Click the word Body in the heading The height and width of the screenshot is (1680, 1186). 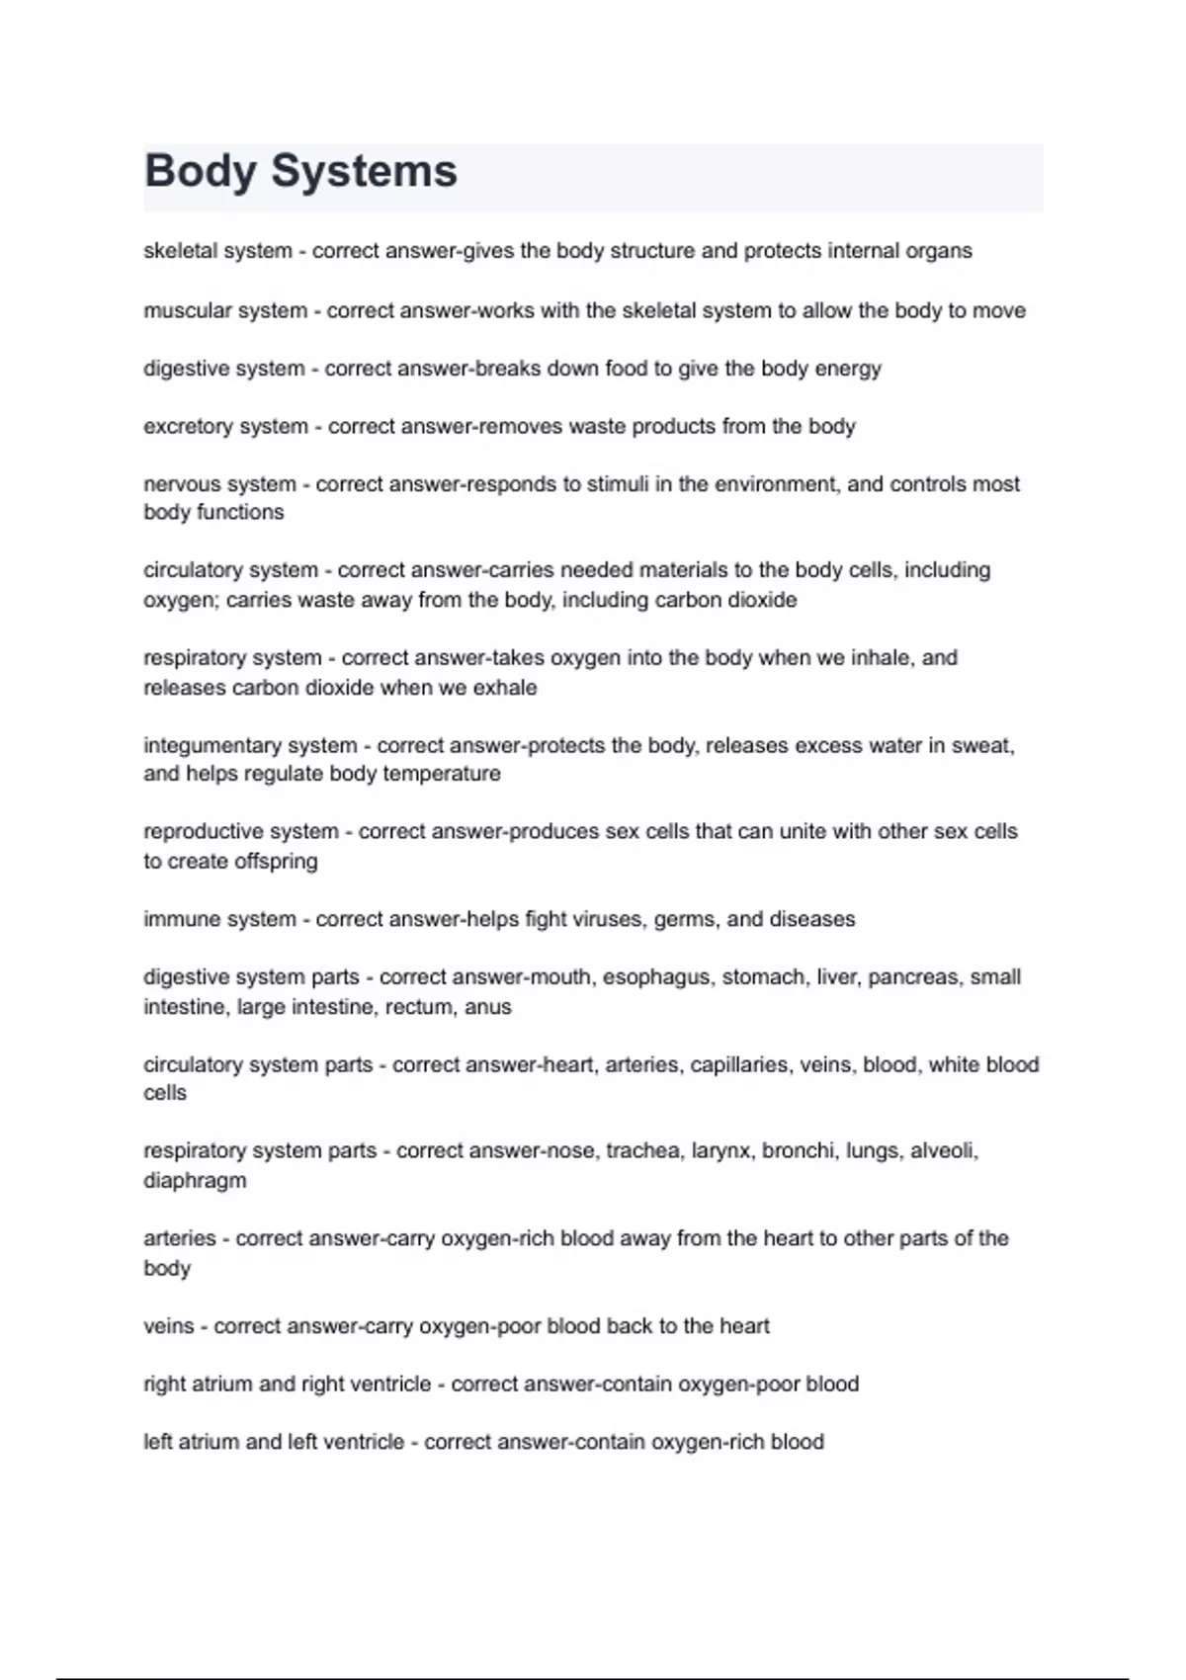click(201, 172)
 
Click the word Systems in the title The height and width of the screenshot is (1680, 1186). click(364, 172)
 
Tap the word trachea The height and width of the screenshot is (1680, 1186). click(642, 1151)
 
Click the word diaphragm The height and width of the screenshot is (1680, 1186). click(195, 1181)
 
